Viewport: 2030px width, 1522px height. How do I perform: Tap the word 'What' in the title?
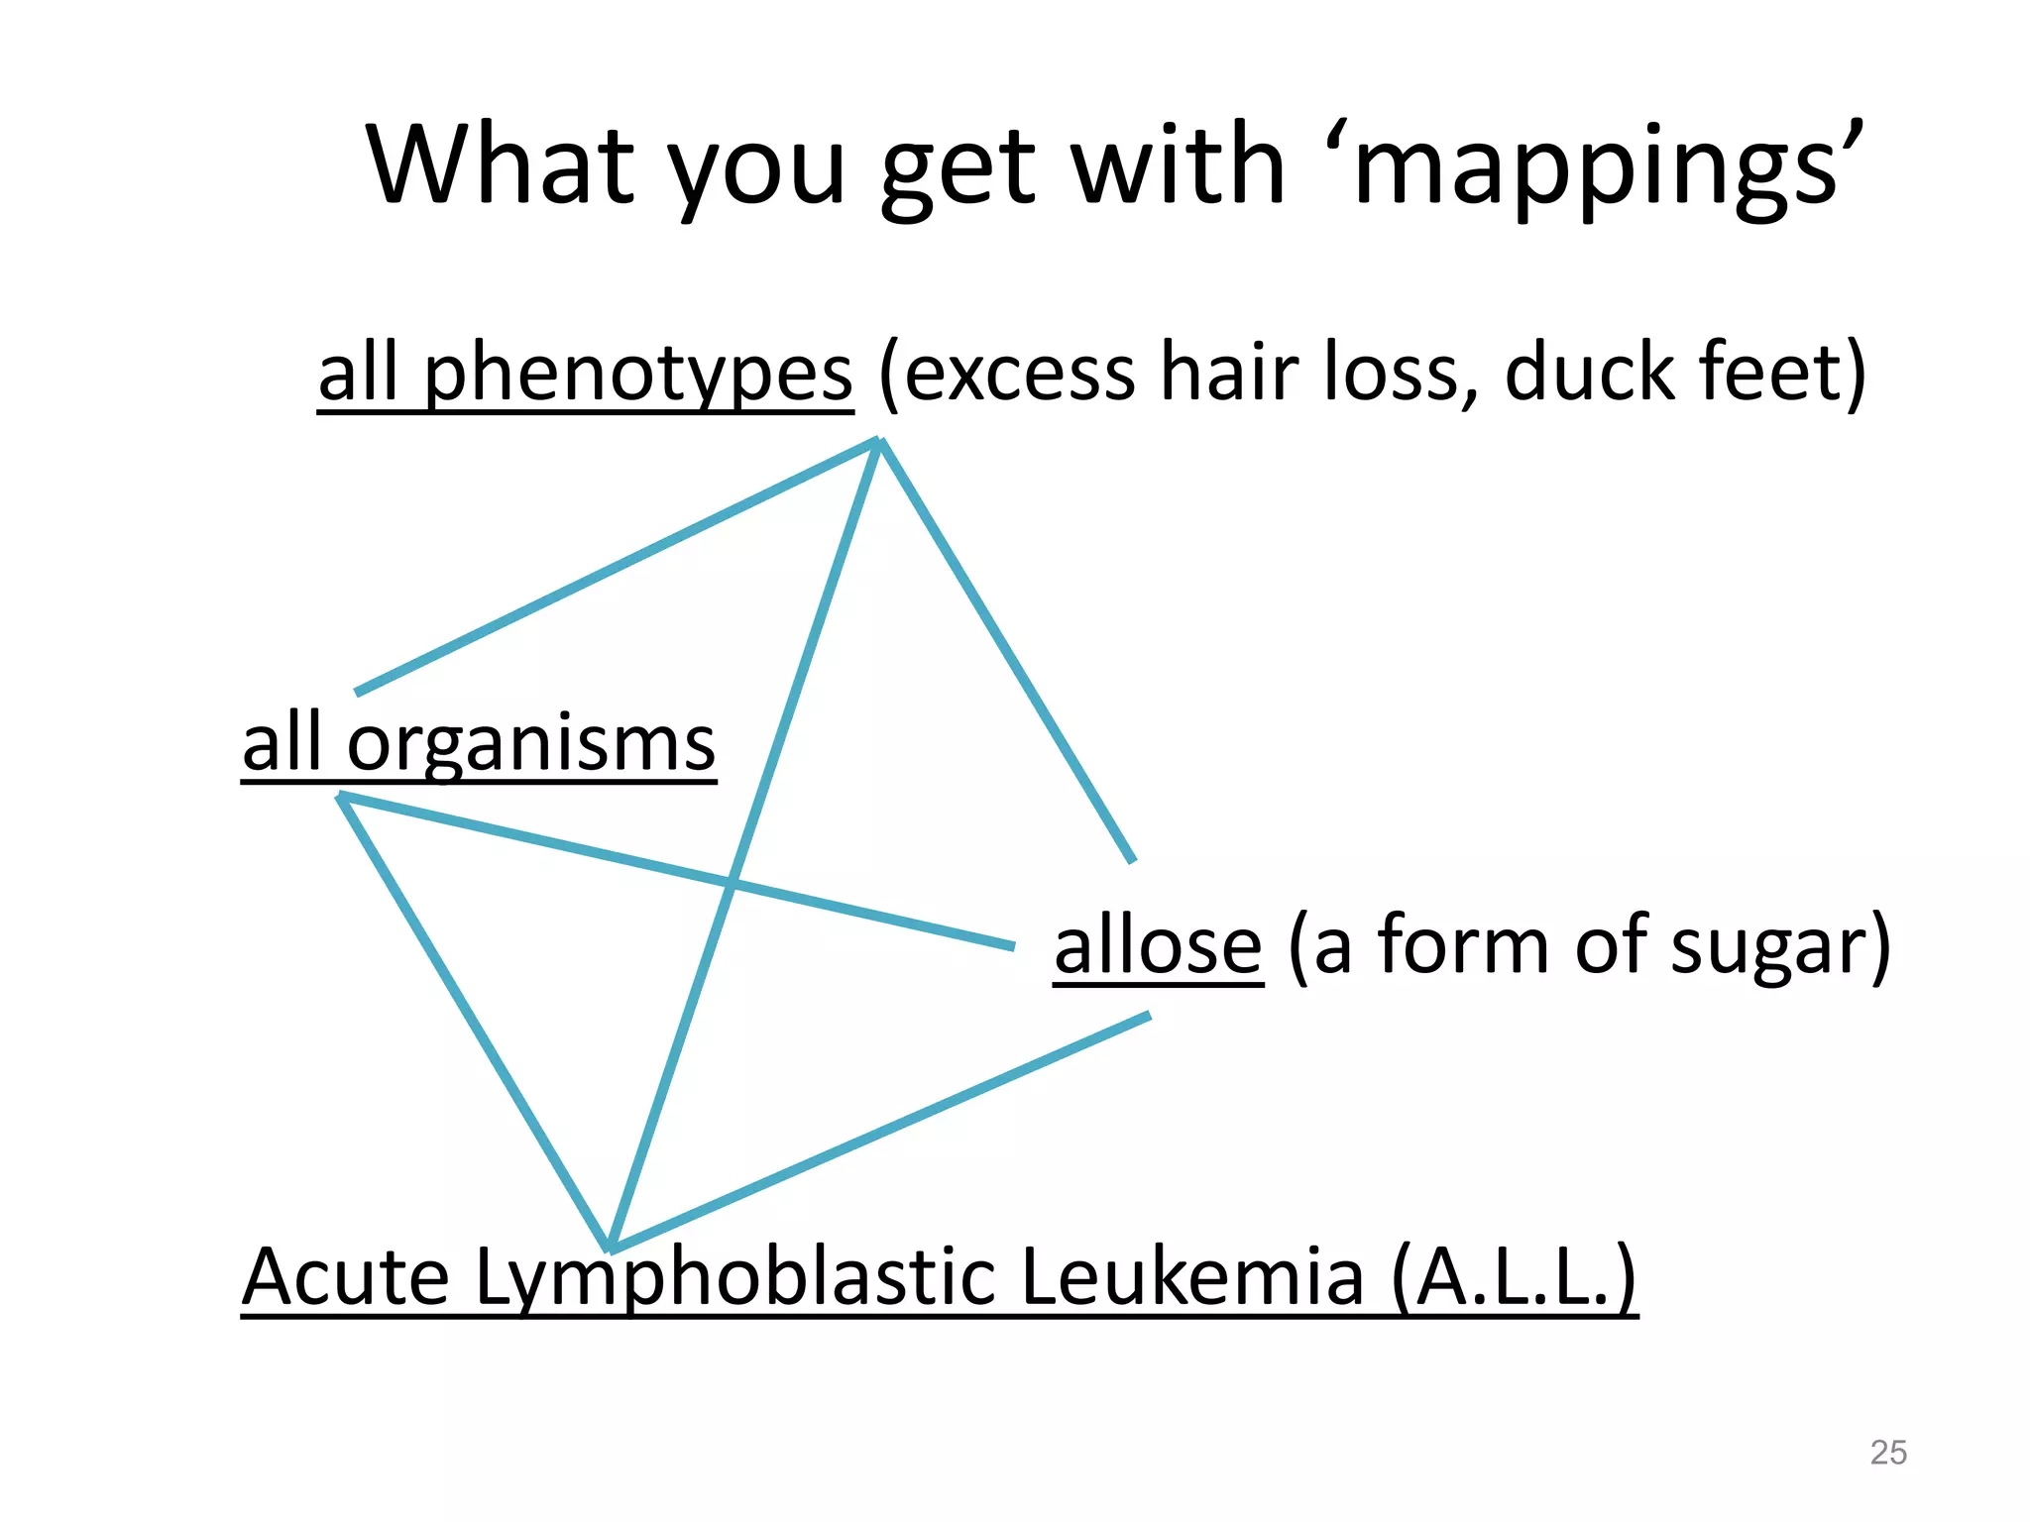click(501, 163)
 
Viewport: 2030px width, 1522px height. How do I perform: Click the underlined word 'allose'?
click(1158, 946)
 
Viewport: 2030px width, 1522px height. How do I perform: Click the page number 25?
click(1887, 1453)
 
